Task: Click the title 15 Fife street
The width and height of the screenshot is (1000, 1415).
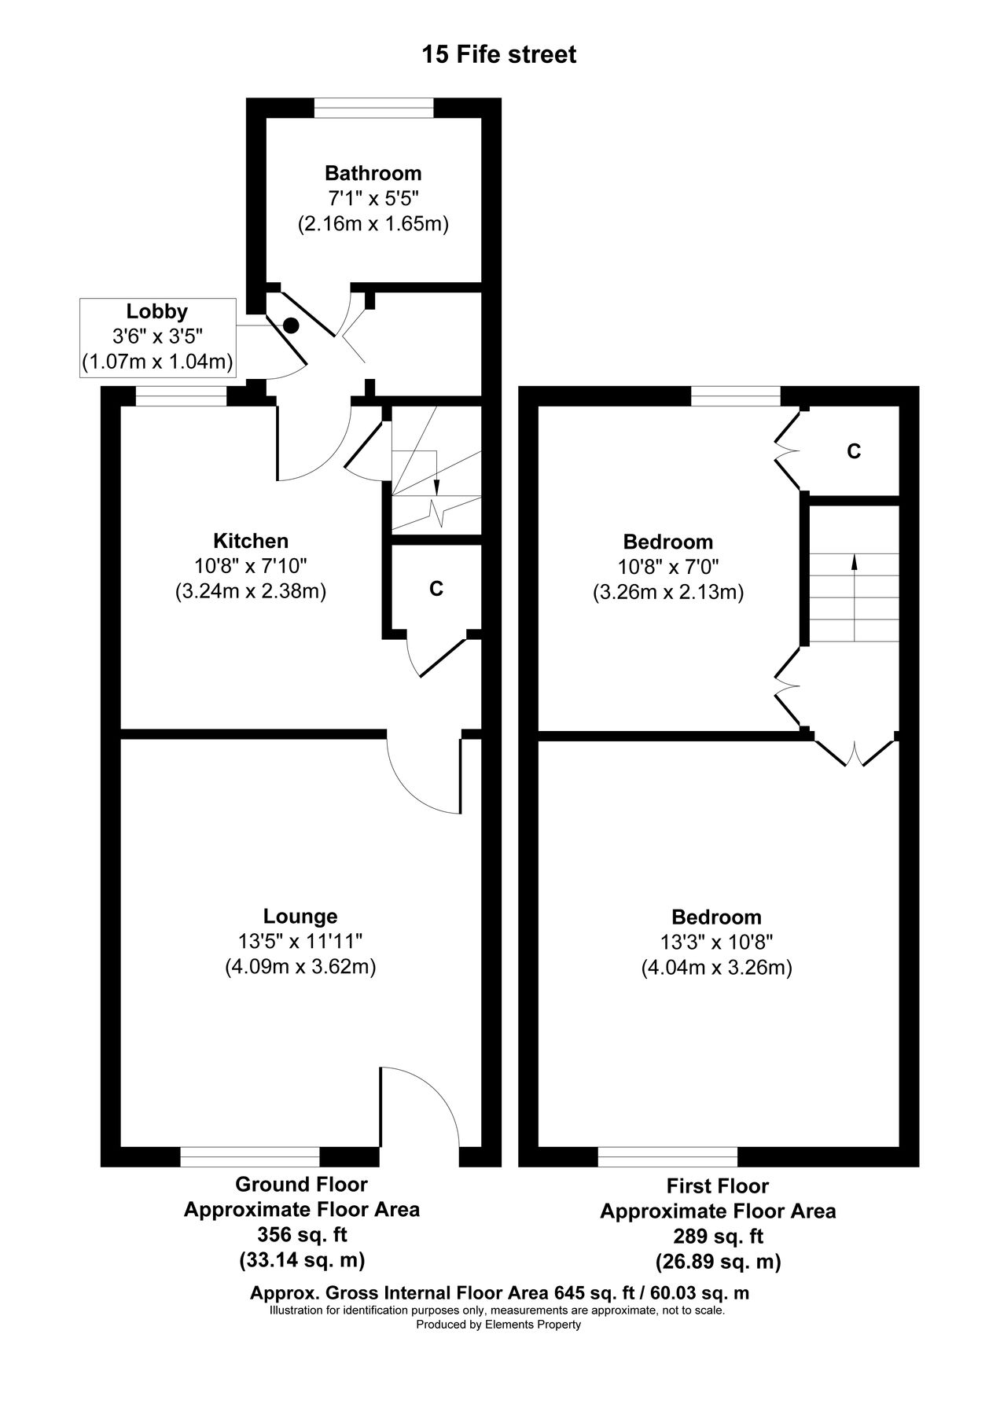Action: [x=499, y=55]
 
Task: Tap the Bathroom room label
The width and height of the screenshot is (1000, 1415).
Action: [x=373, y=173]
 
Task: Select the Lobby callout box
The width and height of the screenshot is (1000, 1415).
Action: [x=158, y=337]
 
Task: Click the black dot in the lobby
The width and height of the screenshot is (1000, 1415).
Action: [x=291, y=324]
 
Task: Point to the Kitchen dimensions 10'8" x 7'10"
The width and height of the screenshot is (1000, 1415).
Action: [x=250, y=566]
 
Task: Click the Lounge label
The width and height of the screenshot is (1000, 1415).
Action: [x=300, y=916]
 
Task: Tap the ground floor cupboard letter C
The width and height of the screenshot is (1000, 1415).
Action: [x=436, y=588]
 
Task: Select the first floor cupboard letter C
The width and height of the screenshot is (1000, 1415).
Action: [x=853, y=451]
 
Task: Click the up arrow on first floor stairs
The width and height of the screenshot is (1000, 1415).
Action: [x=855, y=562]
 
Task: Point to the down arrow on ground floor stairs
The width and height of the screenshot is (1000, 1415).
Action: [x=437, y=488]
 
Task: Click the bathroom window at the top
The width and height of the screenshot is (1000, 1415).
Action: [x=373, y=108]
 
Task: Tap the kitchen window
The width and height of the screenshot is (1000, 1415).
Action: [x=181, y=396]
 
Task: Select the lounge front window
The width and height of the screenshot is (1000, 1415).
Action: [x=250, y=1156]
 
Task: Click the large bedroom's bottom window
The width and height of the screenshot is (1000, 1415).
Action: [x=667, y=1156]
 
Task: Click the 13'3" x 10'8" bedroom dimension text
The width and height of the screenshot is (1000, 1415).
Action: [x=716, y=943]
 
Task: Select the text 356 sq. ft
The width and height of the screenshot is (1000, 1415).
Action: [x=302, y=1234]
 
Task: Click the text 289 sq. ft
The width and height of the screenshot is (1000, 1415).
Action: [x=718, y=1237]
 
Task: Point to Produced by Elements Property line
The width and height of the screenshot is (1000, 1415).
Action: [x=498, y=1325]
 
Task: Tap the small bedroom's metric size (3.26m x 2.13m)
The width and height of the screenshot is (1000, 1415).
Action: [x=668, y=592]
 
